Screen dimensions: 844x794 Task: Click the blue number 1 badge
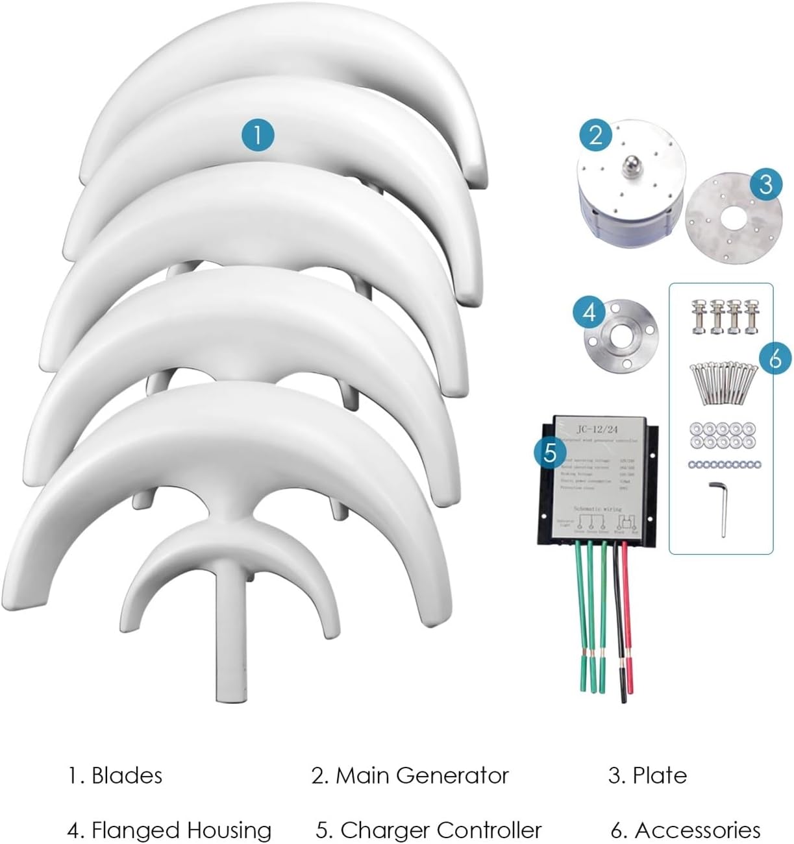coord(258,136)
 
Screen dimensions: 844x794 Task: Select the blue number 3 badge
coord(765,184)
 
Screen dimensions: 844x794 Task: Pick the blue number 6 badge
coord(775,358)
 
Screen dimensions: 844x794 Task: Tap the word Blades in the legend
coord(127,775)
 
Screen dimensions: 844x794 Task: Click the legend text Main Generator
coord(421,775)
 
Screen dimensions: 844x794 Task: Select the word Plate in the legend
coord(659,775)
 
